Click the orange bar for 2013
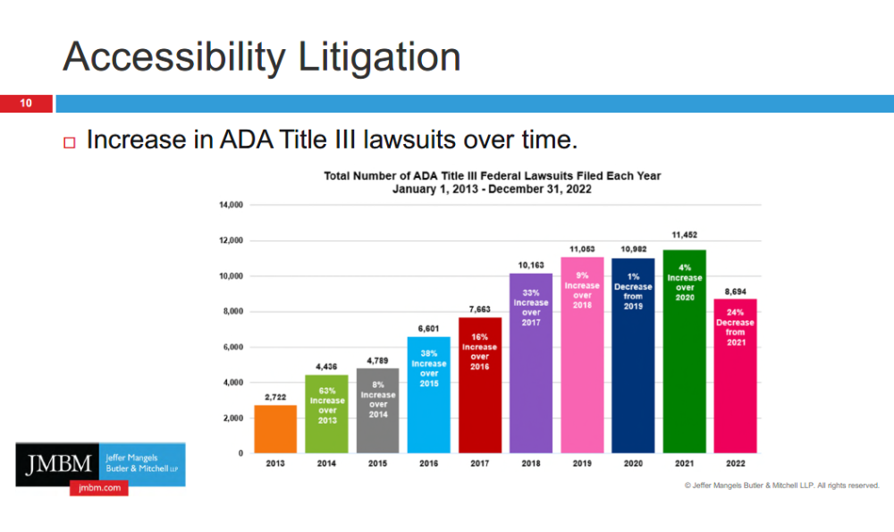click(x=275, y=429)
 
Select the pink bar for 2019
click(x=582, y=376)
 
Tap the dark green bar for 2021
click(x=684, y=376)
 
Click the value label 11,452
click(x=684, y=235)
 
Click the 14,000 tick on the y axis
click(x=231, y=206)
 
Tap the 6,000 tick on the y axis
click(x=233, y=347)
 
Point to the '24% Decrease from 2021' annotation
click(x=735, y=327)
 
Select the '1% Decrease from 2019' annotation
click(x=633, y=291)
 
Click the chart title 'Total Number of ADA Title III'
click(x=493, y=176)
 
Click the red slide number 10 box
click(x=26, y=104)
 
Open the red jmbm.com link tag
click(x=98, y=488)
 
